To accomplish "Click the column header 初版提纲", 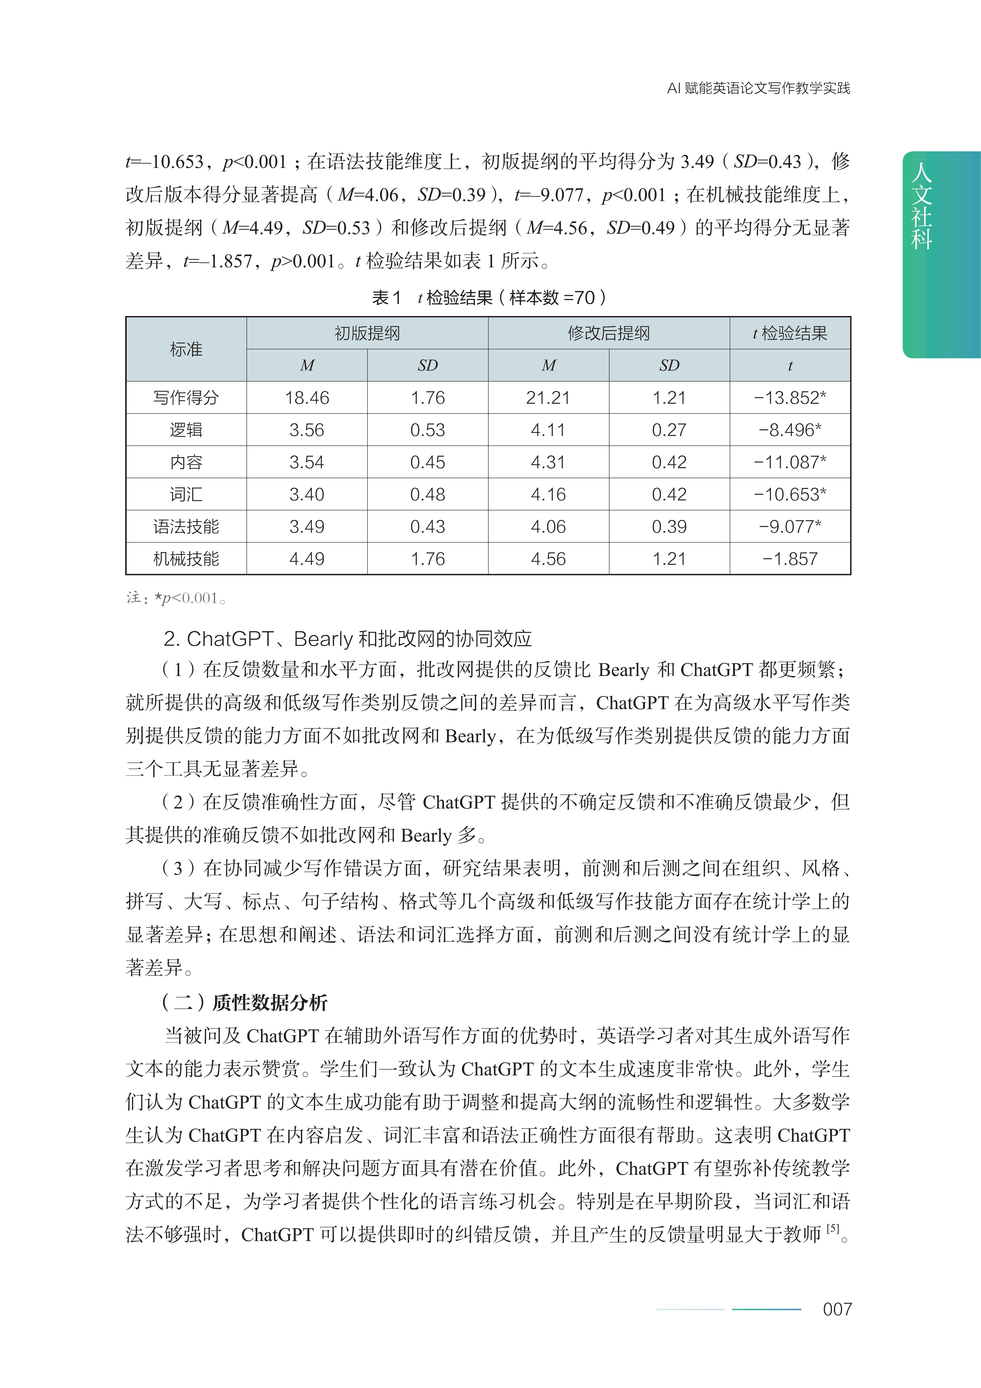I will pos(367,333).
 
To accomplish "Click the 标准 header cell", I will pos(186,349).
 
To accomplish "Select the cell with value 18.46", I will pos(307,398).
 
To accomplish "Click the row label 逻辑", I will pos(186,430).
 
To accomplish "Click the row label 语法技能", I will pos(186,526).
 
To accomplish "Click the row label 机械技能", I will pos(186,559).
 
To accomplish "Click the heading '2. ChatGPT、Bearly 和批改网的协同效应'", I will pos(348,638).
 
